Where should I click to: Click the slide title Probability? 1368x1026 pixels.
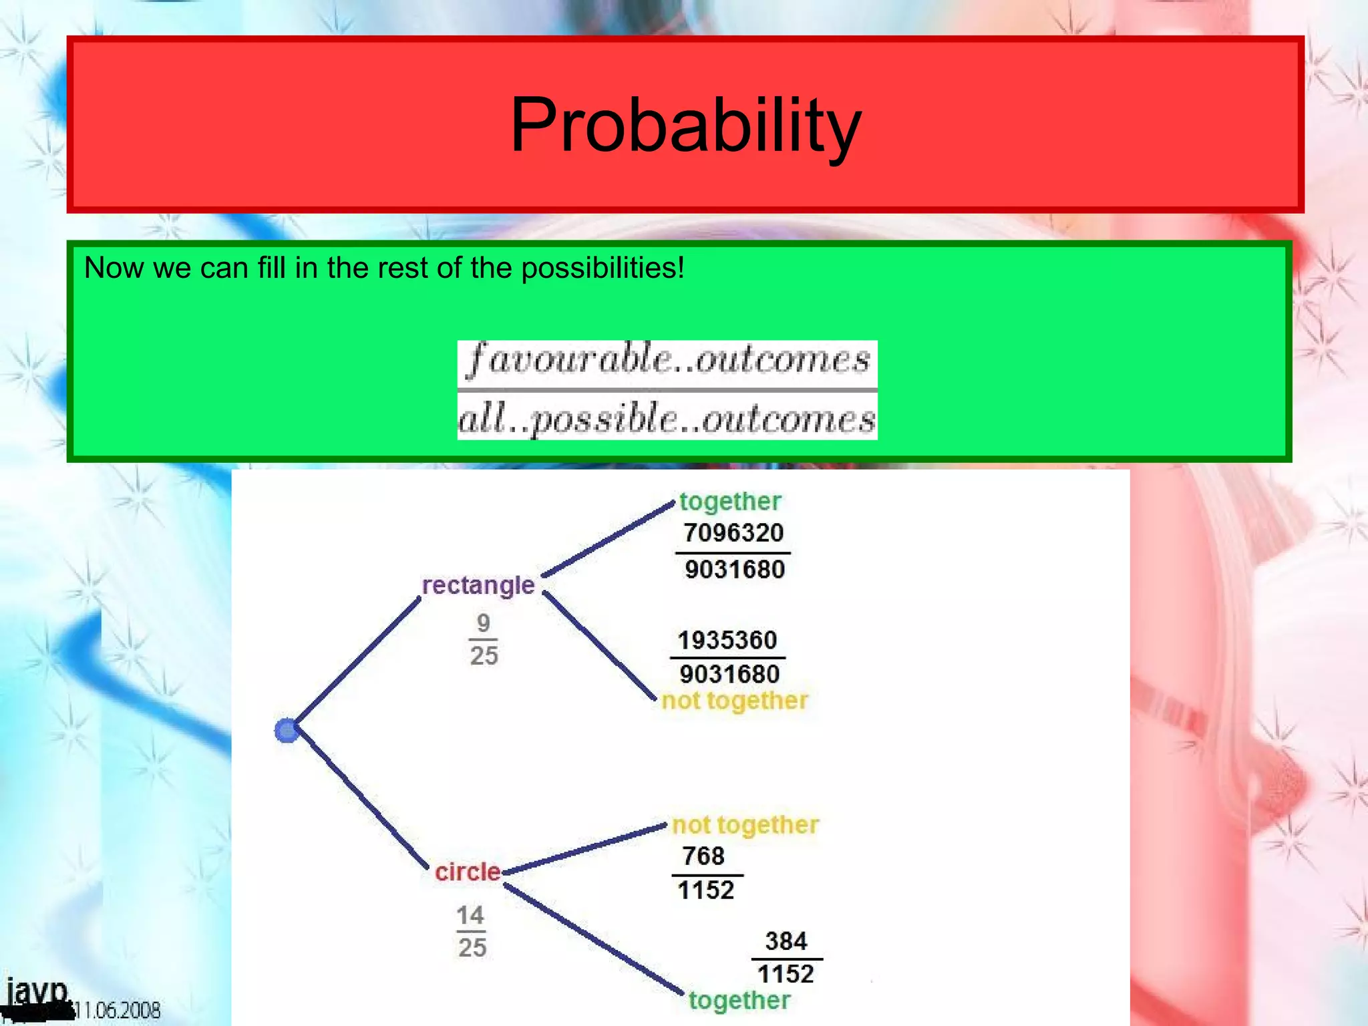click(x=685, y=125)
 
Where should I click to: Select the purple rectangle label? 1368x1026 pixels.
click(x=478, y=585)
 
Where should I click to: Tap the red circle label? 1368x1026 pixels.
click(x=468, y=872)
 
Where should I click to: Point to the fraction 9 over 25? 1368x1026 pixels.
click(x=484, y=639)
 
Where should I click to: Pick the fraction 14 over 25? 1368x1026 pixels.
click(x=472, y=931)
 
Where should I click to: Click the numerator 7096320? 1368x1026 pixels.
click(x=733, y=533)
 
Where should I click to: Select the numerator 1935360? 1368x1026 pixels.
click(x=727, y=640)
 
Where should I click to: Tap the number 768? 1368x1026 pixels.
click(x=703, y=856)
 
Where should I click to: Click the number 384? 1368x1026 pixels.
click(x=786, y=941)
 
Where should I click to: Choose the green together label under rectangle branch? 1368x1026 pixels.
click(x=730, y=502)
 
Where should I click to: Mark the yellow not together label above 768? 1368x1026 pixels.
click(x=745, y=825)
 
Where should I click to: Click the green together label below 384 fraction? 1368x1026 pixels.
click(x=739, y=1001)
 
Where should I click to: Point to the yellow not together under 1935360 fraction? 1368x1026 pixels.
click(x=735, y=701)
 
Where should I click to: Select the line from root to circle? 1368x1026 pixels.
click(x=361, y=799)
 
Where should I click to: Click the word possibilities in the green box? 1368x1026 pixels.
click(x=603, y=269)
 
